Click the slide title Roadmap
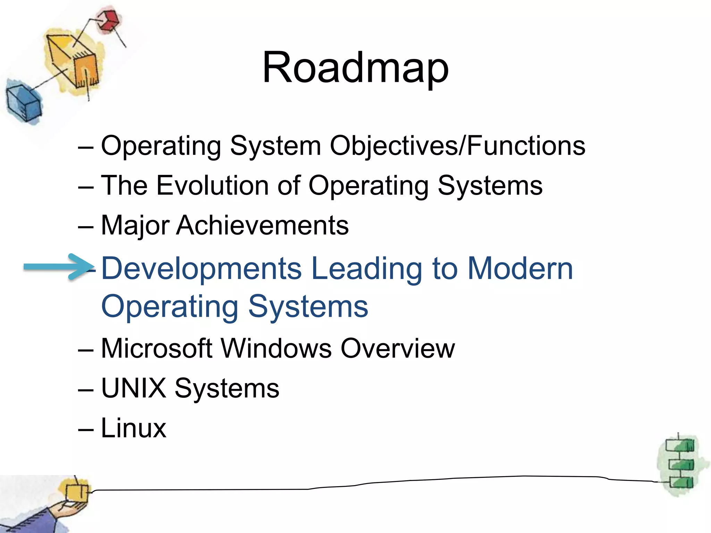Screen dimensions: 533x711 355,68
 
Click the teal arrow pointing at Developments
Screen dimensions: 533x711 57,266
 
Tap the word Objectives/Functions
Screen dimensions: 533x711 457,146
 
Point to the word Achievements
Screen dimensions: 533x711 262,226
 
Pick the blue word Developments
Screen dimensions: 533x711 201,269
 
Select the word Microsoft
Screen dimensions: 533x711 156,348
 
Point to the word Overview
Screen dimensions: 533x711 398,348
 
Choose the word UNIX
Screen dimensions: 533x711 134,388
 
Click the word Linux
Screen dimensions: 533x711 134,428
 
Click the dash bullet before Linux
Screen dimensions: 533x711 86,430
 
